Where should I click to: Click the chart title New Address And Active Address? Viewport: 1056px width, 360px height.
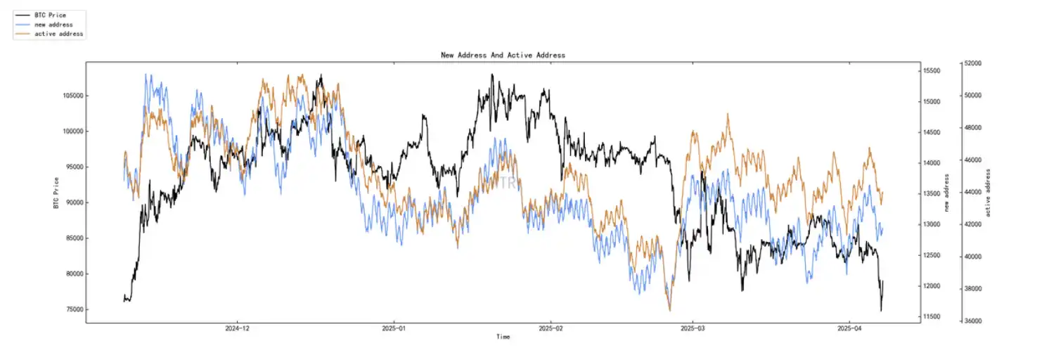(503, 55)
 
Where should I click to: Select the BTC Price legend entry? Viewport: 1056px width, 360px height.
(49, 15)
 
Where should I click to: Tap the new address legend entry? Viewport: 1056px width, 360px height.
(53, 25)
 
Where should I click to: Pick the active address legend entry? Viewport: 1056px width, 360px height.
(58, 34)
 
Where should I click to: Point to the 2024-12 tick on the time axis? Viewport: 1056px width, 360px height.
(238, 328)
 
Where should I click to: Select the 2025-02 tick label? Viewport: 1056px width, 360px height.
(551, 328)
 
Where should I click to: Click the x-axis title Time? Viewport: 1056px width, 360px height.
(503, 337)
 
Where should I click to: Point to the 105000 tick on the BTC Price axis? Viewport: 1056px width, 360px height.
(70, 96)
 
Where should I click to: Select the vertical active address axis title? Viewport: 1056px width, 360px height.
(989, 193)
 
